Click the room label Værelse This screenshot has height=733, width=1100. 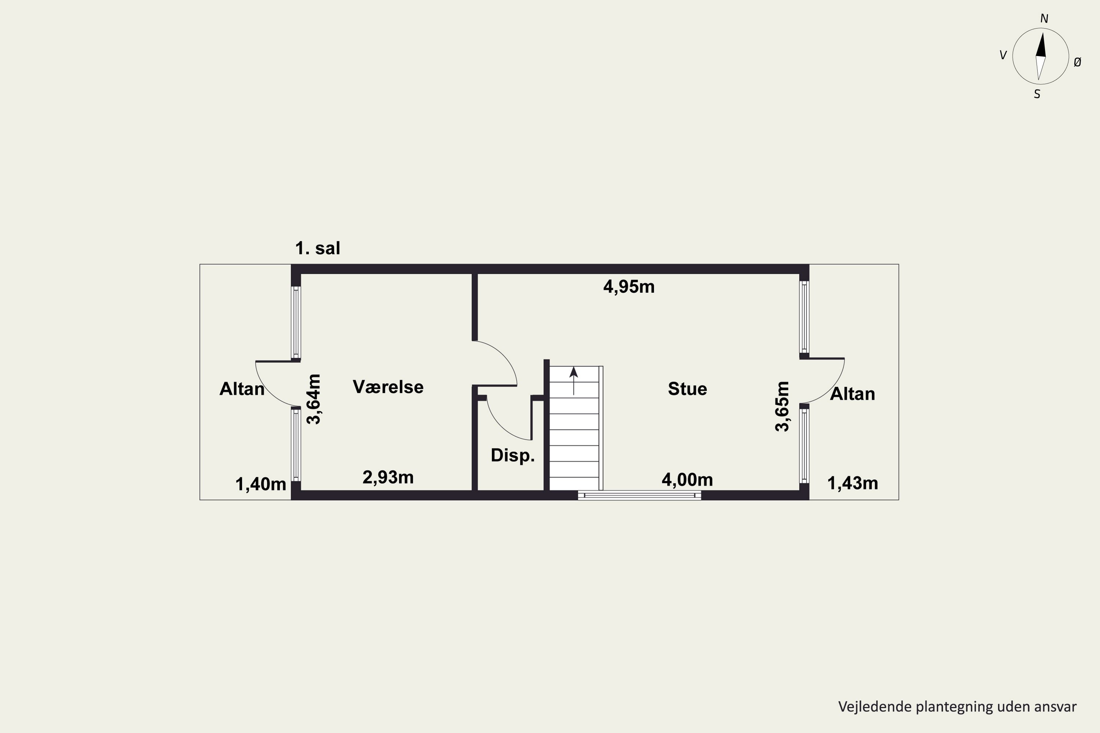click(388, 387)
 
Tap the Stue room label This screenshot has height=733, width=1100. click(687, 389)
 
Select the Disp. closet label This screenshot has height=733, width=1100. click(513, 455)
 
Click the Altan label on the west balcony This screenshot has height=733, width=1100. click(242, 389)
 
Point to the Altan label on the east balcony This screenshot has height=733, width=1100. click(852, 394)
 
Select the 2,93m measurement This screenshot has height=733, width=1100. click(388, 477)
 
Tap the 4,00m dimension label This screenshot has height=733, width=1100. click(687, 480)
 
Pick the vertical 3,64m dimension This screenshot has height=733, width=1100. click(314, 399)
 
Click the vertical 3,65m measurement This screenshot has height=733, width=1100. click(782, 406)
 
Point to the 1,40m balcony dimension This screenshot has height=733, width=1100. click(260, 484)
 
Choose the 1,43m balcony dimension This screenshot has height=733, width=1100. click(852, 483)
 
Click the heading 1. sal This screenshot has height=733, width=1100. click(318, 248)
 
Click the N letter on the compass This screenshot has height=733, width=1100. click(1044, 19)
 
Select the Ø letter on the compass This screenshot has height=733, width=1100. click(1078, 62)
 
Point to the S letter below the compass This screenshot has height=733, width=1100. click(1037, 95)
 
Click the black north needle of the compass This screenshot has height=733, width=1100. click(1041, 44)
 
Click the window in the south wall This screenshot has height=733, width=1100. click(639, 495)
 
